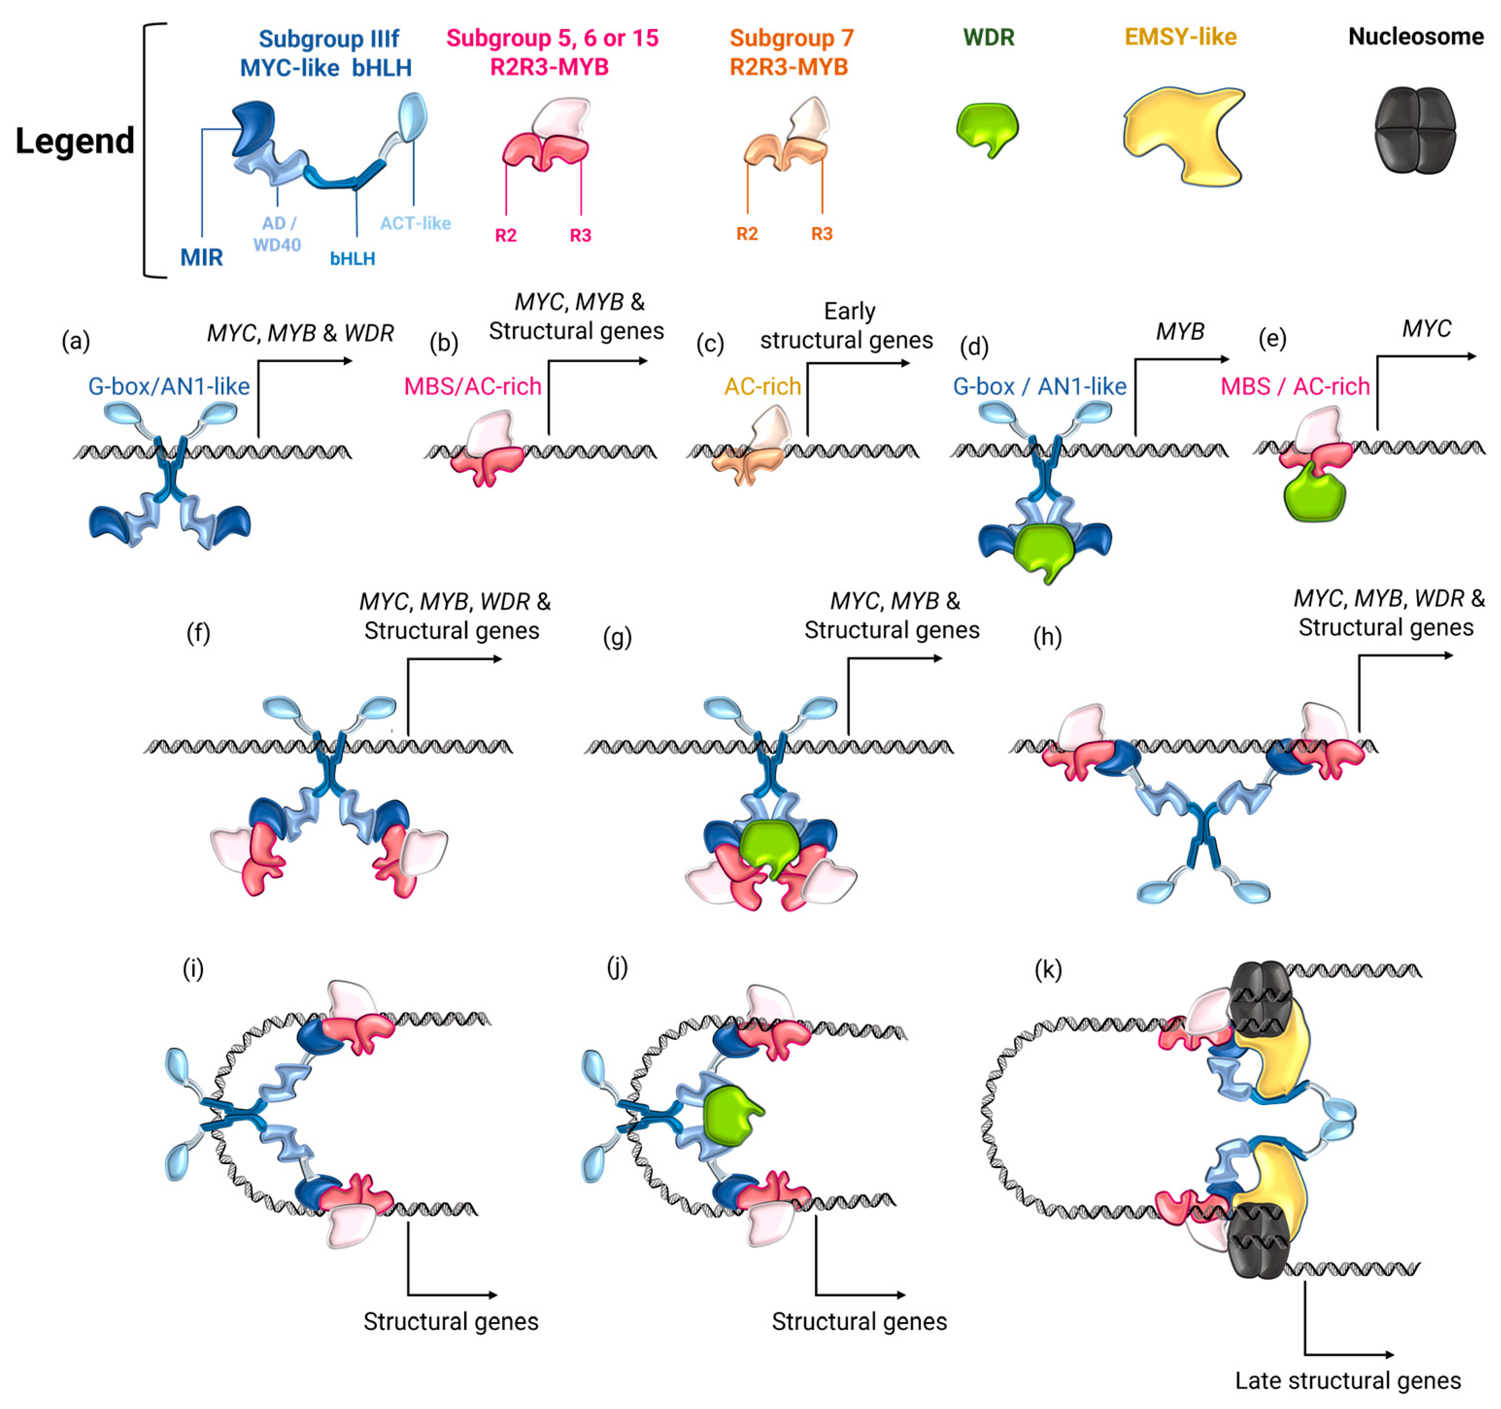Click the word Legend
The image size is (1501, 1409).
pos(75,141)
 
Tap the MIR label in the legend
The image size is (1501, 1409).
pos(201,257)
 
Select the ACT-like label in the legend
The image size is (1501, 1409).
pos(415,223)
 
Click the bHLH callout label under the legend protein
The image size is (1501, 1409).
pos(352,259)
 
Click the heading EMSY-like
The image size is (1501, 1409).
pos(1180,36)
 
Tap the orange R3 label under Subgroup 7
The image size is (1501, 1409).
pos(822,234)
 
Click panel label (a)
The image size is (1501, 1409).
pos(75,341)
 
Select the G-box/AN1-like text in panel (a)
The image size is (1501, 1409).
pos(169,386)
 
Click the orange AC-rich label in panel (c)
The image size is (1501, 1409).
pos(762,386)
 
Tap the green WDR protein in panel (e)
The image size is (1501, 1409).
pos(1314,495)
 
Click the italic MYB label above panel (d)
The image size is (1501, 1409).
pos(1180,332)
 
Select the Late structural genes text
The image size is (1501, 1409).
pos(1347,1380)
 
